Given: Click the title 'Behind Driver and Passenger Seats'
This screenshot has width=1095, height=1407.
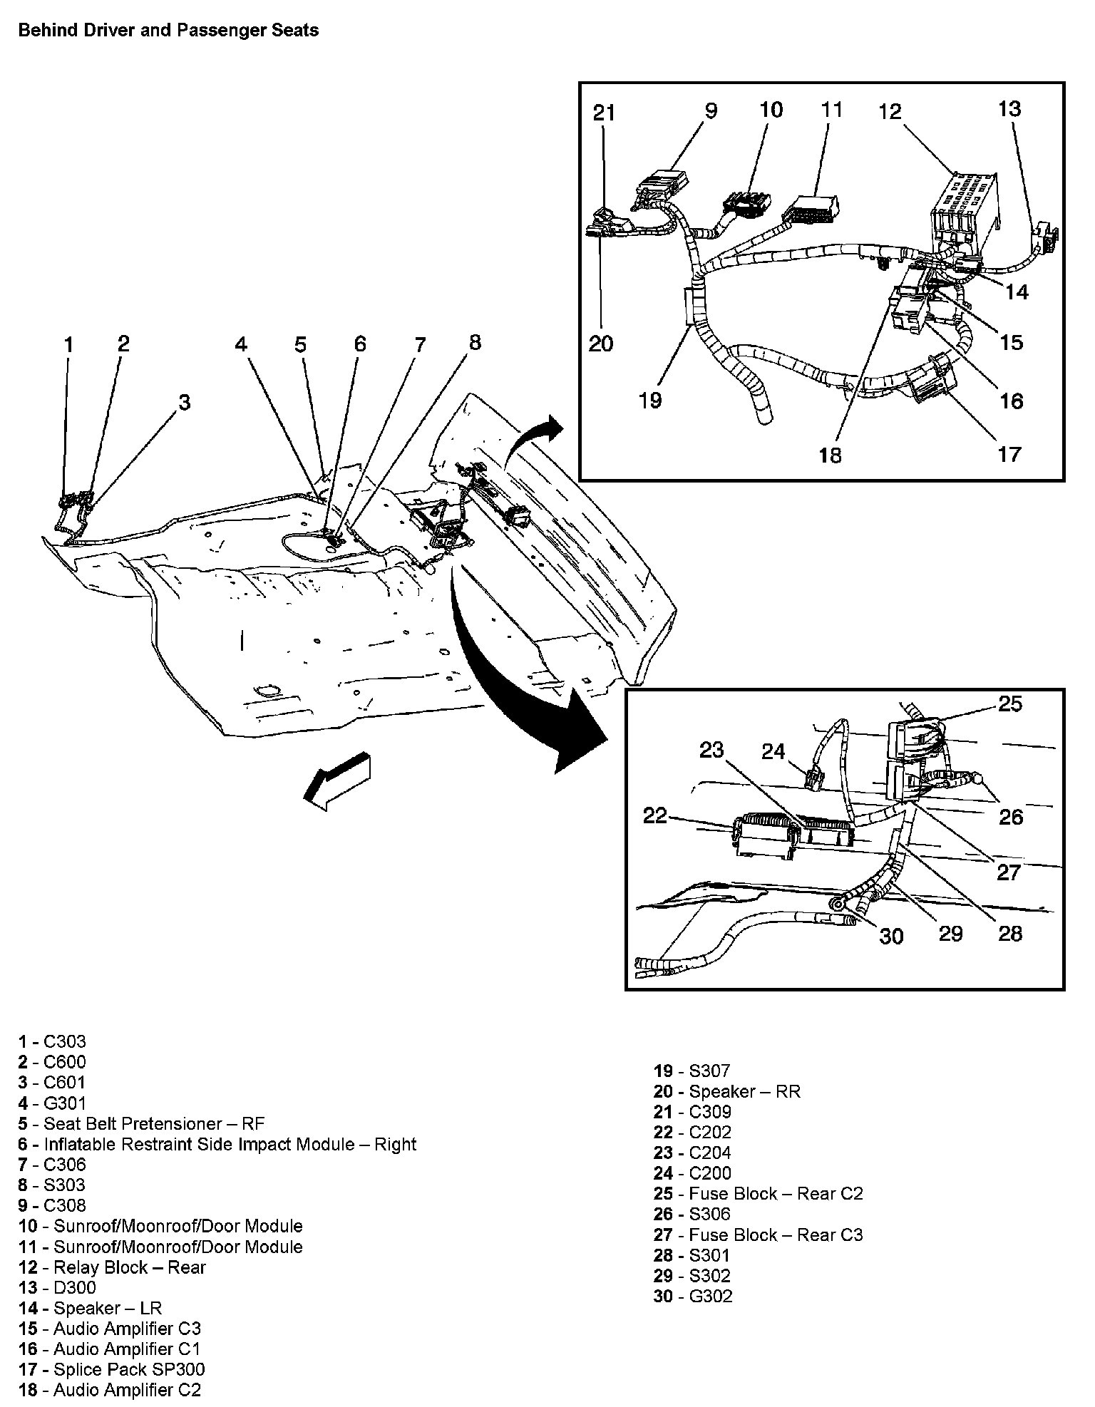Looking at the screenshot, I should [x=168, y=31].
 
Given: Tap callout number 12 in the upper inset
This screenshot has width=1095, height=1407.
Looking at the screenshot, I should [x=890, y=112].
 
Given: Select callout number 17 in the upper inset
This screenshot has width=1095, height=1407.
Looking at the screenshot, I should [x=1010, y=453].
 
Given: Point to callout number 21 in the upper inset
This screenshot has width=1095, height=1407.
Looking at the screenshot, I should [x=604, y=113].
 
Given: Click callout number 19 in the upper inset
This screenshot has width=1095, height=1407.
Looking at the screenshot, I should [x=650, y=400].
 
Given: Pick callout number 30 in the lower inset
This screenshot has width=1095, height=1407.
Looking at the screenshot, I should [x=891, y=935].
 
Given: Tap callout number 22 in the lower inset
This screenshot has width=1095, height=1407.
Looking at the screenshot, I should [x=654, y=815].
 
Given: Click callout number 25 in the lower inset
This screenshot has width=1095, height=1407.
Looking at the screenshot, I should [x=1010, y=704].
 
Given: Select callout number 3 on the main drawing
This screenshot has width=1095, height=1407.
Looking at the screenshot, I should [x=185, y=402].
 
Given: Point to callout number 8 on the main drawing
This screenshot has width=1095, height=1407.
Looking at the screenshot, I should [x=475, y=342].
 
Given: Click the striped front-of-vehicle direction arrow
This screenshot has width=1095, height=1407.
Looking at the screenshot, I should [x=337, y=779].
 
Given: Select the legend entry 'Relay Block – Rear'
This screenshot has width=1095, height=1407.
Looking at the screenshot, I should [x=112, y=1267].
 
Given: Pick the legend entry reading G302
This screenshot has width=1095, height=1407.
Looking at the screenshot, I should [x=693, y=1296].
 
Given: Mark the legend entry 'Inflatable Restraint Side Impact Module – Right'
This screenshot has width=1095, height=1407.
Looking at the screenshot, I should [x=217, y=1145].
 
